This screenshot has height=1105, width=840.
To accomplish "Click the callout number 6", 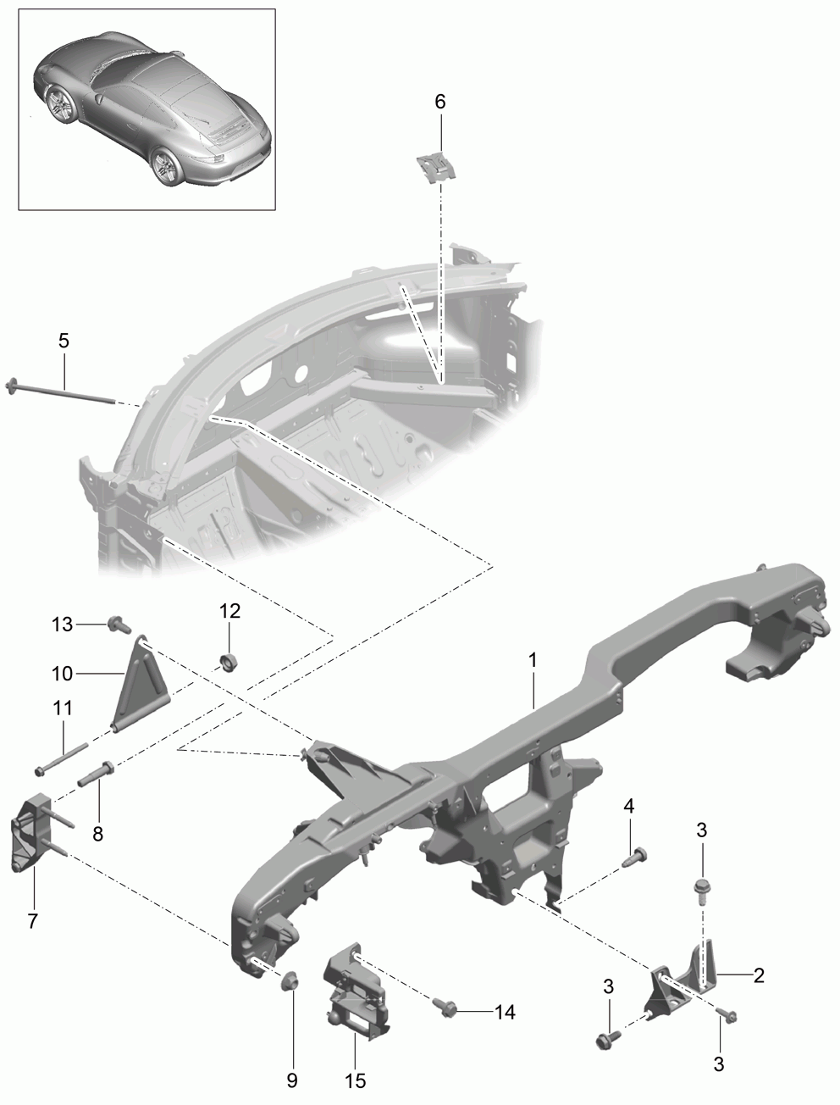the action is click(x=440, y=102).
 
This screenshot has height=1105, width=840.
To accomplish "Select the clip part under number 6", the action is click(x=436, y=166).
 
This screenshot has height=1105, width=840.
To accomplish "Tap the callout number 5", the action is click(x=64, y=341).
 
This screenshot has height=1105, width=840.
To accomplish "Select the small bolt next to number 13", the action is click(x=119, y=625).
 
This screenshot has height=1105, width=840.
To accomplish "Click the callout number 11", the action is click(x=63, y=708).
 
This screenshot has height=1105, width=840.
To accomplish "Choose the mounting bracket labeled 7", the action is click(x=31, y=837).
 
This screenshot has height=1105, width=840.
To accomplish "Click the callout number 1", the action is click(x=533, y=660).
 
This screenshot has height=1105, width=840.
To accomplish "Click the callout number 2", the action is click(x=759, y=975).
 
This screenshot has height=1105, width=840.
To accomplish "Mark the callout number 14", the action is click(x=505, y=1012).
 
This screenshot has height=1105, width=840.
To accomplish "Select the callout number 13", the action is click(x=63, y=625).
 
